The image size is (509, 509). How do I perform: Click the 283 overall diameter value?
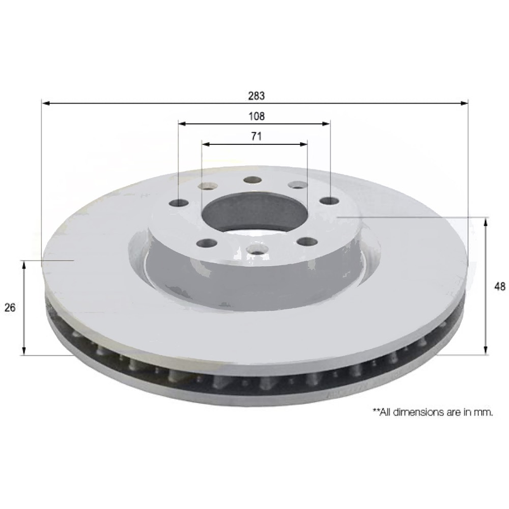coord(256,96)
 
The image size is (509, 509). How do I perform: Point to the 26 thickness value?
coord(10,307)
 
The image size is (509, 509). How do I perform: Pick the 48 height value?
coord(500,286)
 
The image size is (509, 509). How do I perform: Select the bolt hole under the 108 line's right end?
coord(330,200)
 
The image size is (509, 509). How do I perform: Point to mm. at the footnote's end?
coord(484,412)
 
